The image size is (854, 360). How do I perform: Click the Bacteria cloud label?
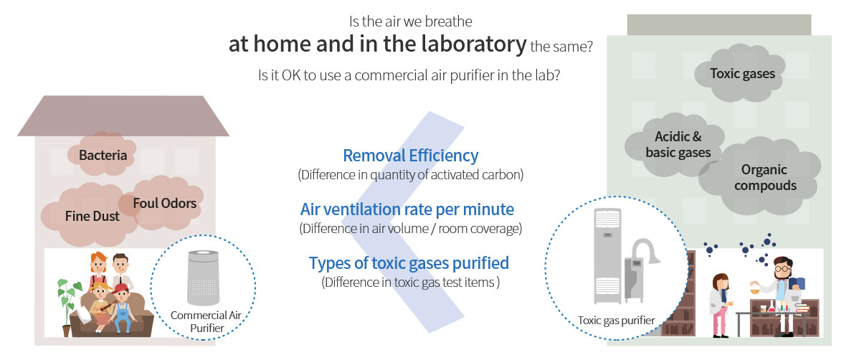pos(103,155)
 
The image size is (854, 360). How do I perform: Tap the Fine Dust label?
pos(92,217)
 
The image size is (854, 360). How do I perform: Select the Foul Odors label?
pos(164,203)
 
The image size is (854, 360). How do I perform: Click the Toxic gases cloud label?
pos(742,74)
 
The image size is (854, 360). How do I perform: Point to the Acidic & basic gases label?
pos(678,144)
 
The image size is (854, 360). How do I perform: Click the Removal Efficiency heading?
pos(411,156)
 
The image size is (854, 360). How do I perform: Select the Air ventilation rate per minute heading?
pos(407,209)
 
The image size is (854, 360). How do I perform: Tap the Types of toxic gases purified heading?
pos(409,263)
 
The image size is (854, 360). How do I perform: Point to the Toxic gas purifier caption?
pos(616,321)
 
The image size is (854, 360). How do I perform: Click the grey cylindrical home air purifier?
pos(203,278)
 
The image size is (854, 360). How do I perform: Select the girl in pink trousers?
pos(720,305)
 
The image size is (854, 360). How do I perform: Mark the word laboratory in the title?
pos(472,44)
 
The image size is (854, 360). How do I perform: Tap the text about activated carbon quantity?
pos(411,176)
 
